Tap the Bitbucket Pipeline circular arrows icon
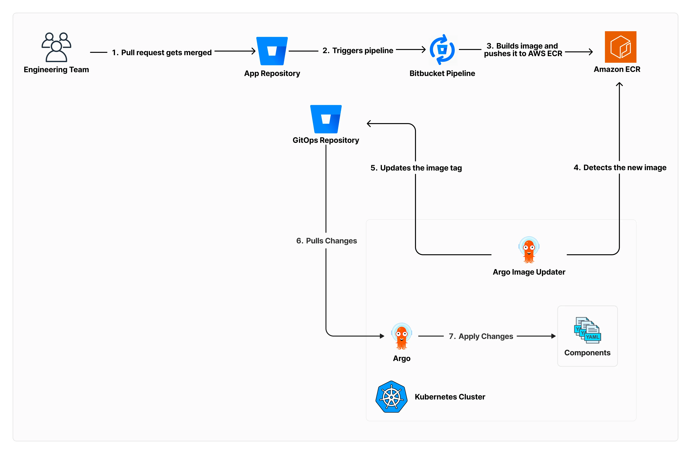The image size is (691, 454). [x=442, y=50]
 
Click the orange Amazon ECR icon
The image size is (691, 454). [x=620, y=47]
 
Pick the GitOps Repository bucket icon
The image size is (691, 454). [x=326, y=119]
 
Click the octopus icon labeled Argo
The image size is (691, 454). [x=402, y=336]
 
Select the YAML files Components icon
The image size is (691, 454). [x=587, y=330]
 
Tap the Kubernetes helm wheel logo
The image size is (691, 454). [x=391, y=396]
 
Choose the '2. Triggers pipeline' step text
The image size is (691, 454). [x=358, y=50]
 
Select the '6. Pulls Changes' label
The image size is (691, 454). [x=326, y=241]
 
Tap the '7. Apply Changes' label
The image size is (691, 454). [x=481, y=336]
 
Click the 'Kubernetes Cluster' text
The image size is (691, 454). [x=450, y=397]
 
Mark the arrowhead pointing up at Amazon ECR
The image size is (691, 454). [x=619, y=84]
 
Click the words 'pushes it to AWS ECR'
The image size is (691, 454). [x=523, y=54]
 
